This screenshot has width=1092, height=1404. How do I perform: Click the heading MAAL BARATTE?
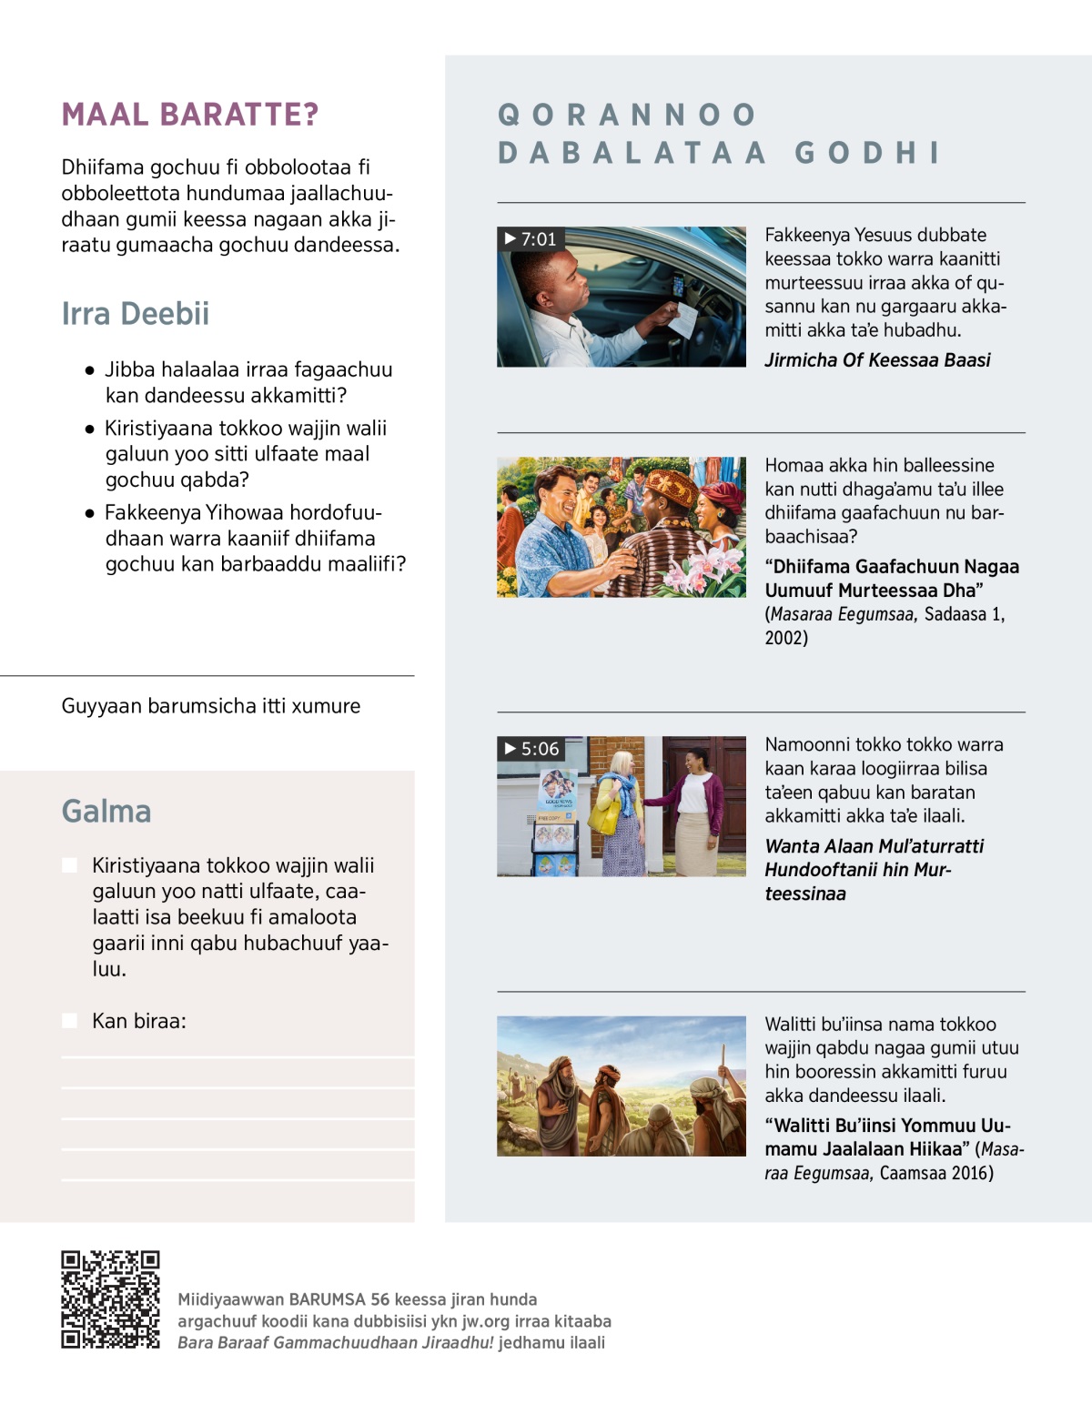pyautogui.click(x=190, y=115)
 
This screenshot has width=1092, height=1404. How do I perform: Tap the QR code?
pyautogui.click(x=110, y=1299)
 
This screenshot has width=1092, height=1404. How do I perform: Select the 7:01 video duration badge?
pyautogui.click(x=531, y=239)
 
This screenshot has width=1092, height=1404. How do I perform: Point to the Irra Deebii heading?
pyautogui.click(x=136, y=314)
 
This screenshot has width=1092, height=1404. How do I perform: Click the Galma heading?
pyautogui.click(x=106, y=812)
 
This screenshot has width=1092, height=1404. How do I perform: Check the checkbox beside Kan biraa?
pyautogui.click(x=69, y=1021)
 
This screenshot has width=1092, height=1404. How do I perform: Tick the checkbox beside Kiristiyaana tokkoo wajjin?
pyautogui.click(x=69, y=865)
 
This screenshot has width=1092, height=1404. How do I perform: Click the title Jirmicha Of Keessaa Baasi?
pyautogui.click(x=877, y=360)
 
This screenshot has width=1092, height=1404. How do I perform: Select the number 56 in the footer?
pyautogui.click(x=379, y=1299)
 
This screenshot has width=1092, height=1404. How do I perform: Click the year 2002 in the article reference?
pyautogui.click(x=786, y=638)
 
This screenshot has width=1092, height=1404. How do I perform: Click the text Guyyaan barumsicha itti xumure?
pyautogui.click(x=211, y=706)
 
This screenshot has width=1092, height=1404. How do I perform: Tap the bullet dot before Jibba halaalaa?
pyautogui.click(x=89, y=370)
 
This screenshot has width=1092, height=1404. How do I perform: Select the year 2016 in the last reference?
pyautogui.click(x=972, y=1173)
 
